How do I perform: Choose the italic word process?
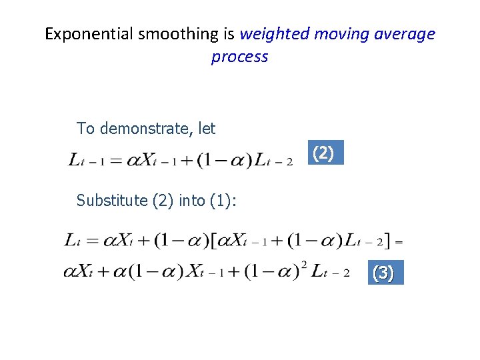(239, 57)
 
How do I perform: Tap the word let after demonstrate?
(207, 128)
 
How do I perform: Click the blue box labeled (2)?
(323, 153)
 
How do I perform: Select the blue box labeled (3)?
(383, 273)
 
